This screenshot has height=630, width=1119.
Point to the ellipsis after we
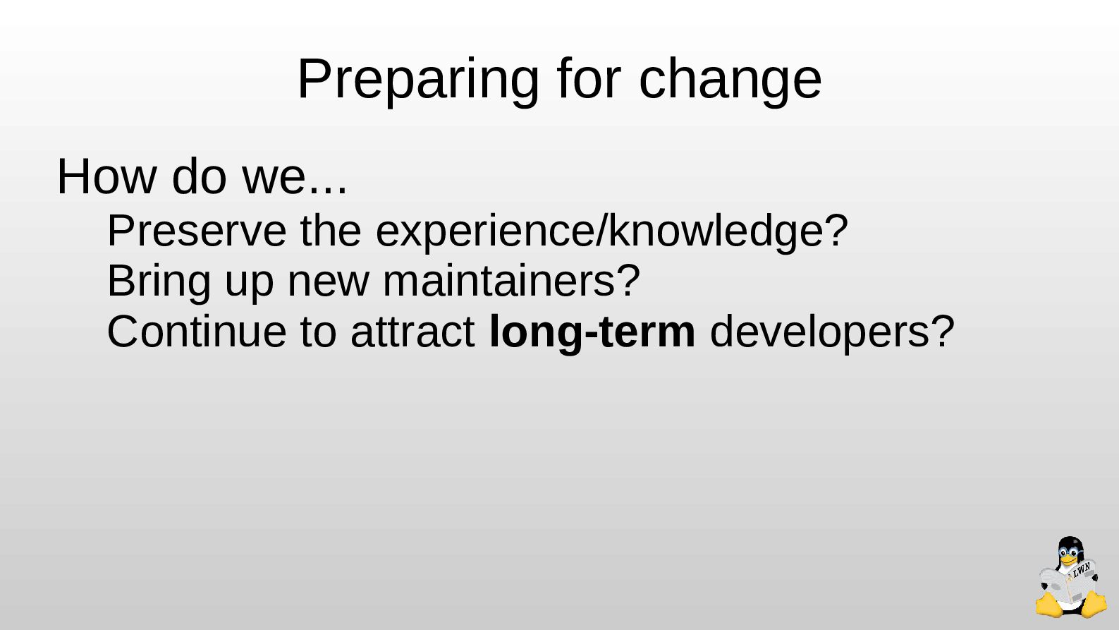(328, 190)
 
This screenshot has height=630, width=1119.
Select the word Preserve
(197, 231)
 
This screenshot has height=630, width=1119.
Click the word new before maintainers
(328, 285)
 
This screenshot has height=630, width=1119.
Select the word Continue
(197, 332)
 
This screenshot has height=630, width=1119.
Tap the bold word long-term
(592, 333)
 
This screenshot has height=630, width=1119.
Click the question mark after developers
(942, 331)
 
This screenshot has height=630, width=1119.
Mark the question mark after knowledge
(836, 230)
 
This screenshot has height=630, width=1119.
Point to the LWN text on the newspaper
(1082, 570)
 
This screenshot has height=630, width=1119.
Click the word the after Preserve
(331, 231)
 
